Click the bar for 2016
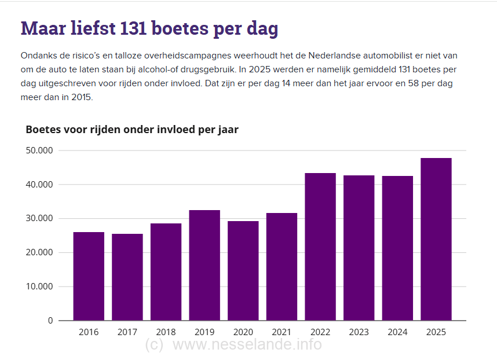coord(89,276)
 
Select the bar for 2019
coord(204,265)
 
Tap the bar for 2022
coord(320,247)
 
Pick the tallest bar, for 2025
coord(436,239)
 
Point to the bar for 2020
coord(243,270)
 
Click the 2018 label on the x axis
coord(166,332)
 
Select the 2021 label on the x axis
coord(282,332)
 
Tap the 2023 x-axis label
coord(359,332)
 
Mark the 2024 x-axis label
coord(397,332)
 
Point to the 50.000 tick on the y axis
coord(39,150)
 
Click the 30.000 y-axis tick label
coord(39,219)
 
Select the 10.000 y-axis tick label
coord(39,286)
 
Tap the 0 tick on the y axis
coord(50,321)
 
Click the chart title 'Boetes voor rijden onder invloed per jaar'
coord(132,129)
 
